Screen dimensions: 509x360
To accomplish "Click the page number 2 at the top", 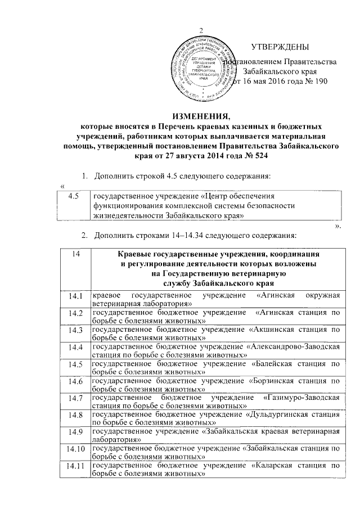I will click(201, 30).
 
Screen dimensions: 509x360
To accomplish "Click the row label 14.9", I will click(74, 434).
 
